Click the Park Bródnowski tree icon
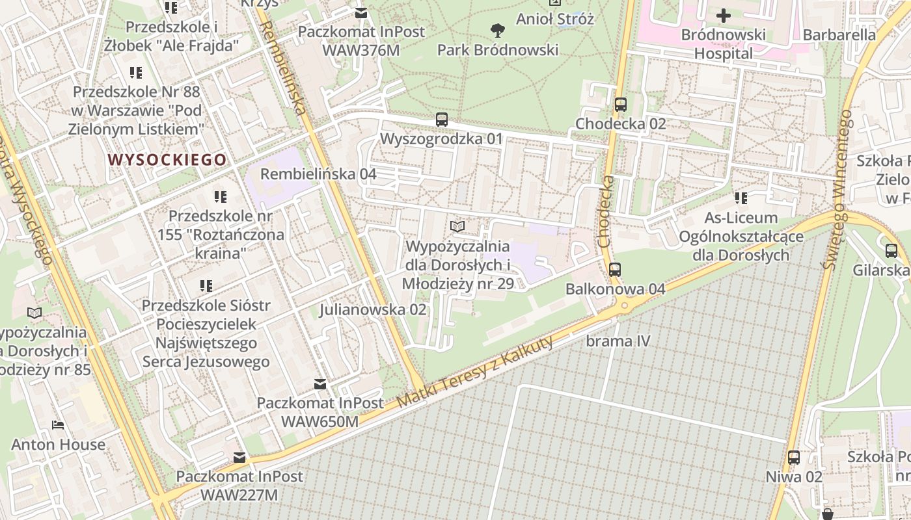coord(498,29)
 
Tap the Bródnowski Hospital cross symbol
coord(723,16)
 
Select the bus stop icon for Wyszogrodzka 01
coord(442,119)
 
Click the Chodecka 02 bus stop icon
coord(620,104)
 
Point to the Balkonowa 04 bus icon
coord(615,269)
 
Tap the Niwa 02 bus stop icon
coord(794,457)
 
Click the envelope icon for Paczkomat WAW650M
coord(320,383)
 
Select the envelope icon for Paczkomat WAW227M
coord(239,458)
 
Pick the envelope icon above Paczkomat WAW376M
coord(361,13)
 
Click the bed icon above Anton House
coord(58,426)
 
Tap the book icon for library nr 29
coord(457,226)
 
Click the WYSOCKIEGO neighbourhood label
coord(167,159)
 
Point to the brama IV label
coord(618,341)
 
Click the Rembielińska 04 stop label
coord(318,174)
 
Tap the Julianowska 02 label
coord(372,309)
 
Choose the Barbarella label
coord(839,34)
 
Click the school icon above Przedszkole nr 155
coord(220,196)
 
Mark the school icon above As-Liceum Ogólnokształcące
coord(741,198)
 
